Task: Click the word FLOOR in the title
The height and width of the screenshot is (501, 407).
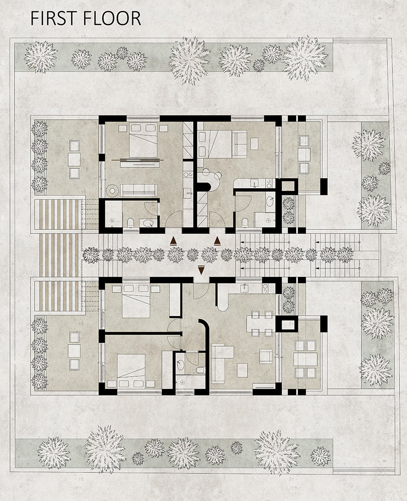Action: click(111, 18)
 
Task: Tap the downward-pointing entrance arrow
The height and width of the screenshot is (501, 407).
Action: click(201, 270)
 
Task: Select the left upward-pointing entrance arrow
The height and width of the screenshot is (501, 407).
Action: click(173, 241)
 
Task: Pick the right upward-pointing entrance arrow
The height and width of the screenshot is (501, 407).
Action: click(218, 240)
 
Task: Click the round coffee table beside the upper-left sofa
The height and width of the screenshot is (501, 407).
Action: click(112, 190)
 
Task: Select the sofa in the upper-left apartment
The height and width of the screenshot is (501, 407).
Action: click(139, 190)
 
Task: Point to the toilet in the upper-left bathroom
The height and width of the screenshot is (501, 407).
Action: click(130, 222)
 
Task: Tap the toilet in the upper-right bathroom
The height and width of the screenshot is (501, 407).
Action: click(245, 222)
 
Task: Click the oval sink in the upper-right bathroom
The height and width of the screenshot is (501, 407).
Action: click(270, 202)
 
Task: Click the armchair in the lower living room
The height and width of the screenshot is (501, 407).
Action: click(266, 356)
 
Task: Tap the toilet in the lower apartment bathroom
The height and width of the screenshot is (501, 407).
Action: click(200, 370)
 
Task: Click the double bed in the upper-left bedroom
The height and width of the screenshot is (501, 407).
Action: click(143, 141)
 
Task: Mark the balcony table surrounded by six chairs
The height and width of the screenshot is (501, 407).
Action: click(306, 359)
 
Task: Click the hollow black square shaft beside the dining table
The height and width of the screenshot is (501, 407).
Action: click(287, 325)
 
